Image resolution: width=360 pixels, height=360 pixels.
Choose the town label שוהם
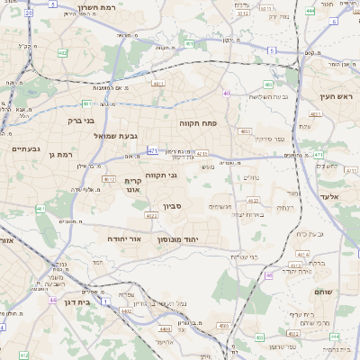pos(324,292)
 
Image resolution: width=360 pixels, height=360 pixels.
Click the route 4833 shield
pos(245,131)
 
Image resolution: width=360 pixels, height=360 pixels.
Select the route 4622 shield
pos(152,216)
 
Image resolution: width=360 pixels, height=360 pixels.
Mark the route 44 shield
pos(53,301)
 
